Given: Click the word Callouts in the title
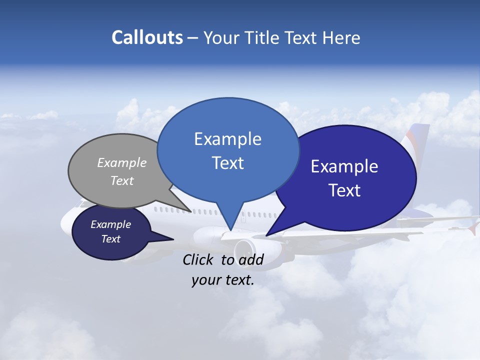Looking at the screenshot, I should click(147, 37).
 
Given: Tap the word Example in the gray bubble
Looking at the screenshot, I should click(122, 162).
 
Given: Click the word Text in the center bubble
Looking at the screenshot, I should click(228, 163).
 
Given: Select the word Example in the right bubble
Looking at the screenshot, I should click(344, 166).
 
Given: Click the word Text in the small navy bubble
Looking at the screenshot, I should click(111, 239).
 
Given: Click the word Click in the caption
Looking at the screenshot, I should click(199, 259).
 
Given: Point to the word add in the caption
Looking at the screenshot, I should click(250, 259).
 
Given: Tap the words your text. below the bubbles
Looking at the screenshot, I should click(223, 280).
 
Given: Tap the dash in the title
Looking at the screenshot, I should click(193, 38).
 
